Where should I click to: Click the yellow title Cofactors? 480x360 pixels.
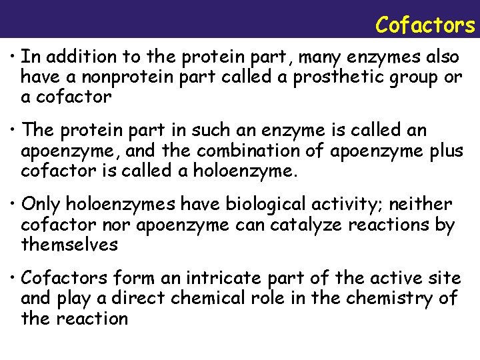point(425,25)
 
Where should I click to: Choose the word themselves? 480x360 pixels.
point(69,245)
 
